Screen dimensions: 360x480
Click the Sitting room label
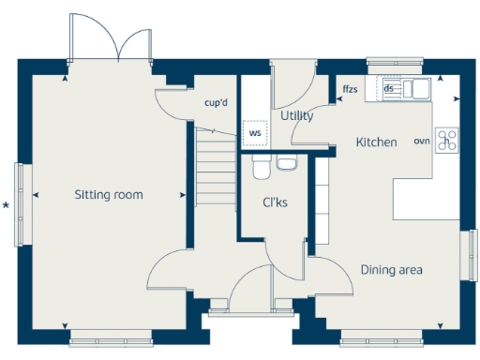click(x=109, y=195)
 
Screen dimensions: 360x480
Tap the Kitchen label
click(x=376, y=142)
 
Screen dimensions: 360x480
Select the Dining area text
click(x=391, y=270)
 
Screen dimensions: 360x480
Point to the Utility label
click(x=296, y=115)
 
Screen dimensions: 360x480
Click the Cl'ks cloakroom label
click(x=274, y=202)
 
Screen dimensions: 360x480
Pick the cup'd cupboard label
click(x=217, y=103)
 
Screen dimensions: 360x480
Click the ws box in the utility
click(x=254, y=133)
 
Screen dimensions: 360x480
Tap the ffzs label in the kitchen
click(x=350, y=90)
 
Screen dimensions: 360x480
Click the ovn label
click(x=422, y=142)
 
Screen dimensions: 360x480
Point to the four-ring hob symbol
click(x=447, y=141)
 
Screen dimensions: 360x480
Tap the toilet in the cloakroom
click(x=261, y=167)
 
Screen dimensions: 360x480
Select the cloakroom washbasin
click(x=287, y=165)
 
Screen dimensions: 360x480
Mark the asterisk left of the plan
click(x=7, y=204)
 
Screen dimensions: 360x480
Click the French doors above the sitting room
click(x=109, y=42)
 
